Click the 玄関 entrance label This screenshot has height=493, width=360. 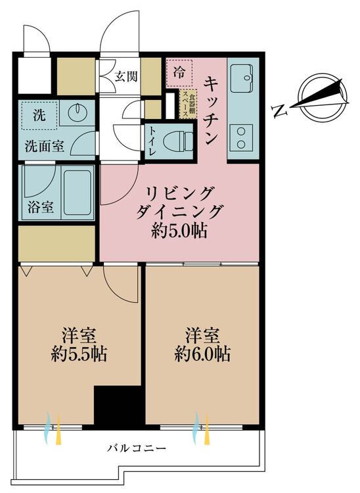(125, 76)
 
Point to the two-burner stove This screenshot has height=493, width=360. (241, 139)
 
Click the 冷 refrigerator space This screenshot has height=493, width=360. (179, 72)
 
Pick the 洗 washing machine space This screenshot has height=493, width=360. (39, 115)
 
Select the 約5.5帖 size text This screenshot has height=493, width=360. (79, 354)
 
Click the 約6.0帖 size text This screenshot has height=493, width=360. (202, 354)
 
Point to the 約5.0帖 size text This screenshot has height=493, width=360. (179, 231)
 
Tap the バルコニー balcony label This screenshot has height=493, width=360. (137, 448)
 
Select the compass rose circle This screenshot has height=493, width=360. (323, 98)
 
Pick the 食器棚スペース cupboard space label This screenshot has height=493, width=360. (189, 103)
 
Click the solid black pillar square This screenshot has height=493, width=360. (119, 405)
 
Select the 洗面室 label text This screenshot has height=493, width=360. (44, 146)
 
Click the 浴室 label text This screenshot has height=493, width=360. (41, 208)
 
